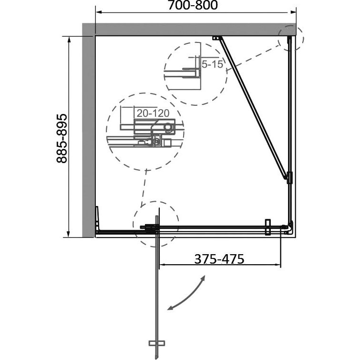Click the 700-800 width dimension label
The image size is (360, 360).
[193, 5]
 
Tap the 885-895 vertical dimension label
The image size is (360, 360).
[62, 138]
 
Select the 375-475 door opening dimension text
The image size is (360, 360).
[219, 259]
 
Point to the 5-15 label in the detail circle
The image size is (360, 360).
[212, 64]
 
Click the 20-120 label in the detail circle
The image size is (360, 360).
[153, 113]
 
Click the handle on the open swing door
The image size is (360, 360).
[157, 343]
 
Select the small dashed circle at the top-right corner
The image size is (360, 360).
[291, 38]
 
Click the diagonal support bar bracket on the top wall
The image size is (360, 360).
[216, 38]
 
